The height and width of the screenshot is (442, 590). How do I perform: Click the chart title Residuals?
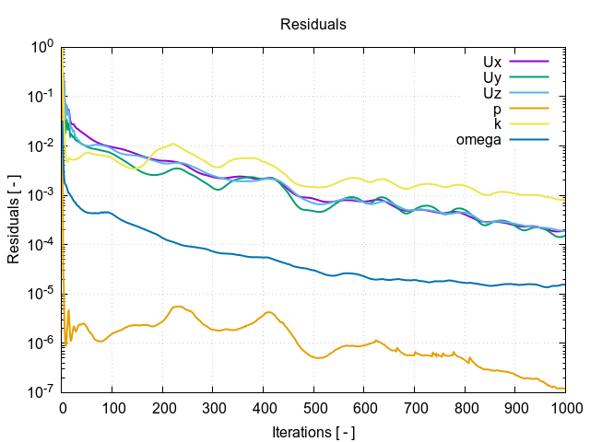[x=313, y=25]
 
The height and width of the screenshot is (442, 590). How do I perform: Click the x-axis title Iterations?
[x=313, y=431]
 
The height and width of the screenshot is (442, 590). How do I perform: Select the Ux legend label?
[x=491, y=62]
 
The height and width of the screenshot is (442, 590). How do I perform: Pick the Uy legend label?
[x=491, y=77]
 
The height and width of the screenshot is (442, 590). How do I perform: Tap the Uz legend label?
[x=491, y=93]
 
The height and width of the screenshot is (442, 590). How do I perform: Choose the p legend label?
[x=497, y=109]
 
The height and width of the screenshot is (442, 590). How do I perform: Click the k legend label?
[x=497, y=124]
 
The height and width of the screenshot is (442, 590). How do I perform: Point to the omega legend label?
[x=478, y=140]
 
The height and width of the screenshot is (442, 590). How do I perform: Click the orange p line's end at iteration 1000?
[x=564, y=389]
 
